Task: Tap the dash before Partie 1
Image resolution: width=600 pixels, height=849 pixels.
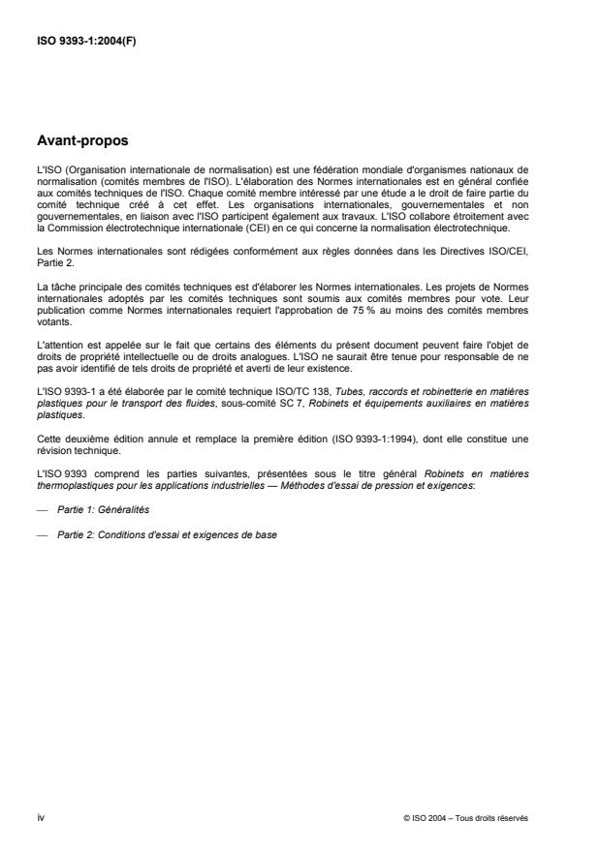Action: (x=41, y=509)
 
